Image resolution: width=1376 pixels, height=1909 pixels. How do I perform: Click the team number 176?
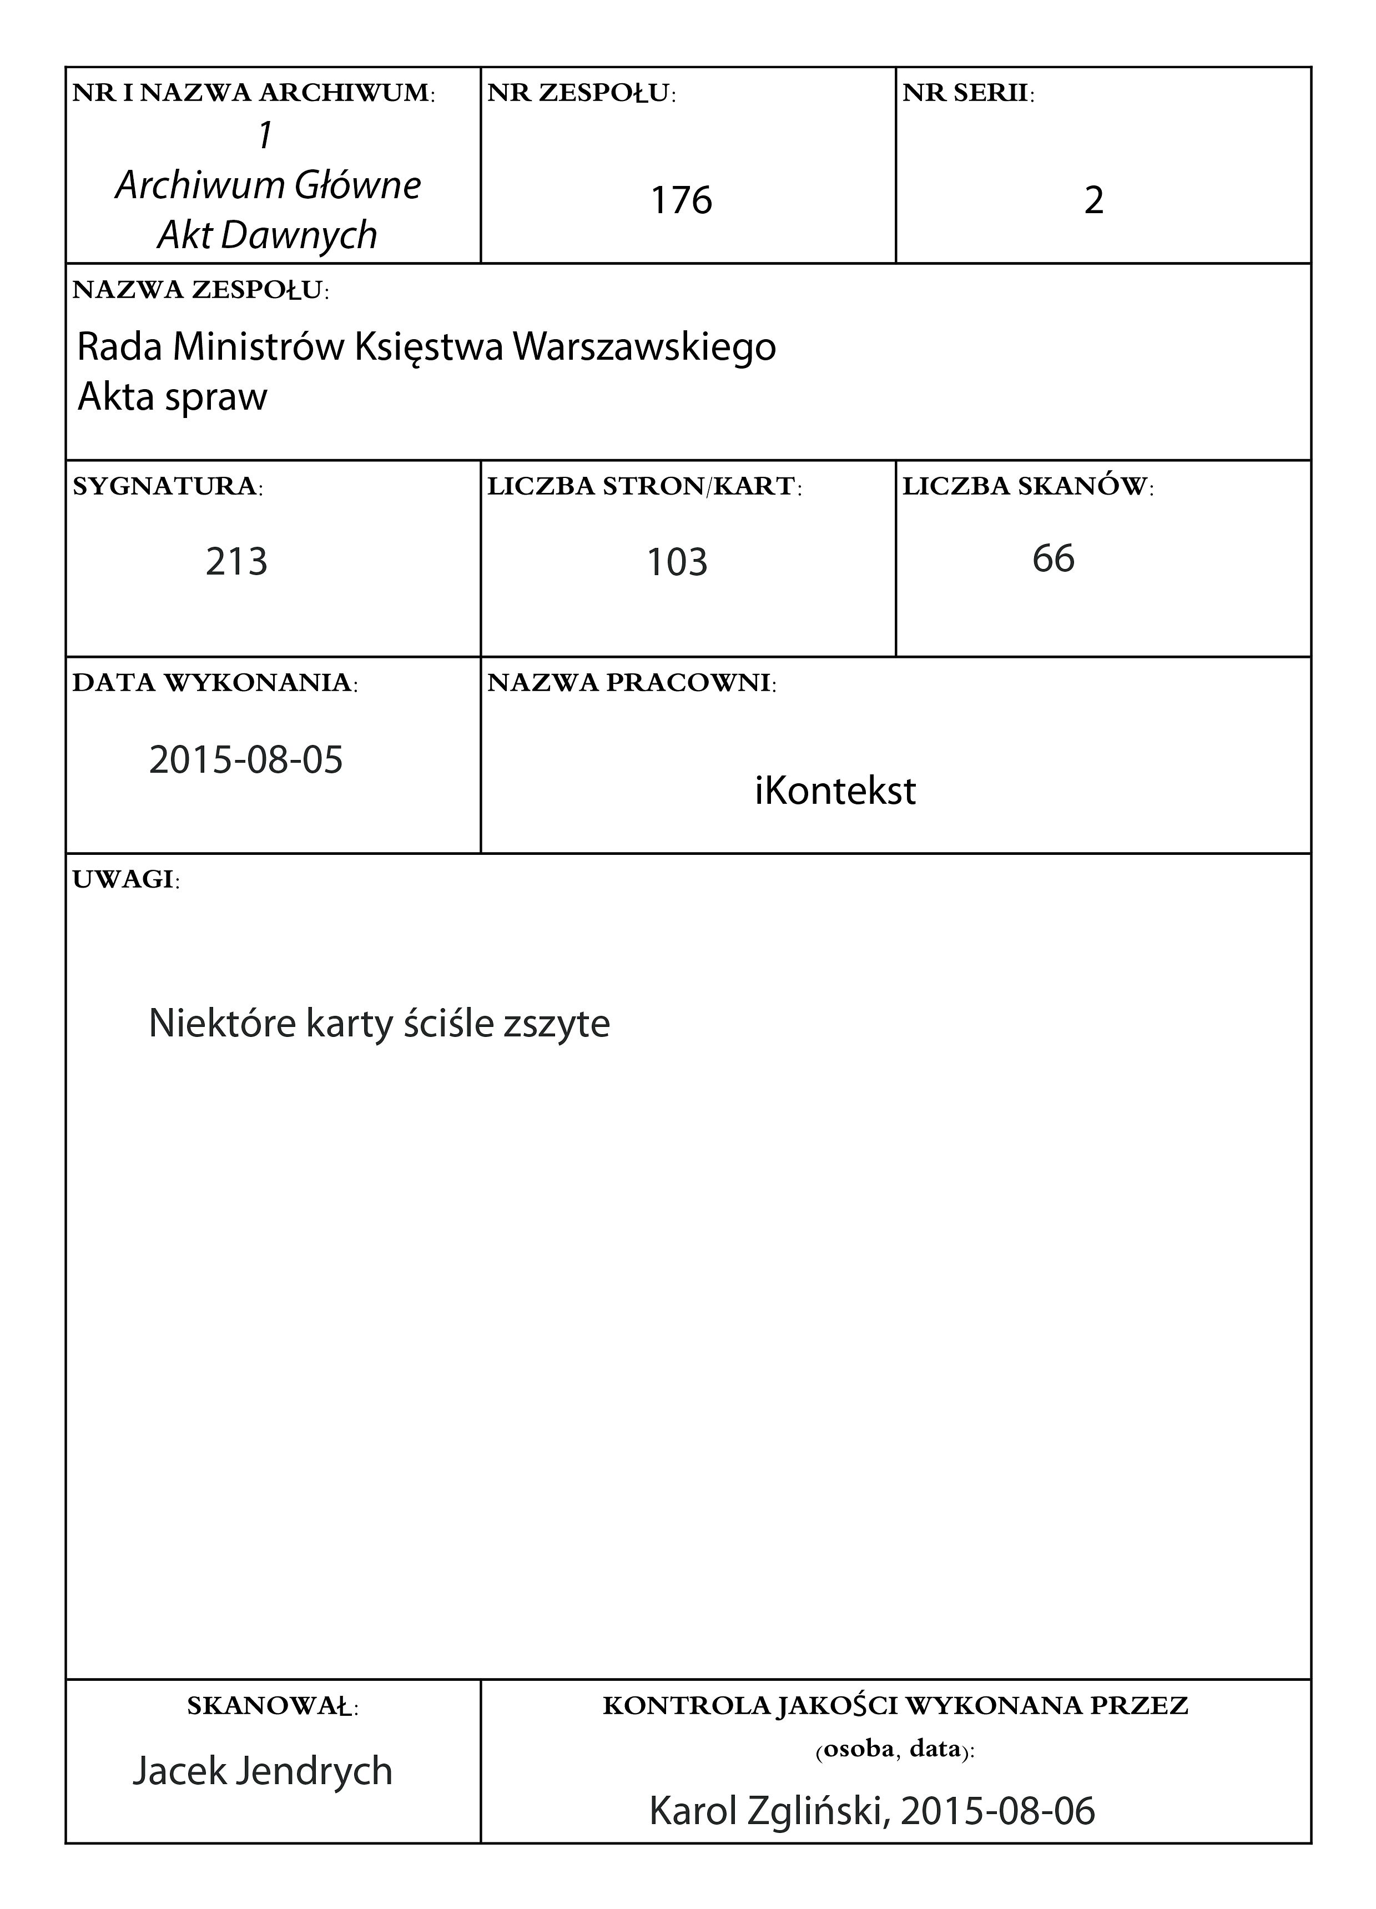[681, 200]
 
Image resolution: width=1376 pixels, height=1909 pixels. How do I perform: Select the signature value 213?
[236, 561]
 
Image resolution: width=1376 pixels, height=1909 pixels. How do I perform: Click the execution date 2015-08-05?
[246, 760]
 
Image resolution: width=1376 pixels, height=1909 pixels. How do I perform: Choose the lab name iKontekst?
[835, 791]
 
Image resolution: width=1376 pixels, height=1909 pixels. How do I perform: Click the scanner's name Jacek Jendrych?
[263, 1771]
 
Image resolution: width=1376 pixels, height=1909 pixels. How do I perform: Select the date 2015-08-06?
[998, 1811]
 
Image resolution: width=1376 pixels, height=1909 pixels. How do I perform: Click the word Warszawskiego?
[644, 347]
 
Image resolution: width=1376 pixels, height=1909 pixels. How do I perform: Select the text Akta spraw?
[173, 396]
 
